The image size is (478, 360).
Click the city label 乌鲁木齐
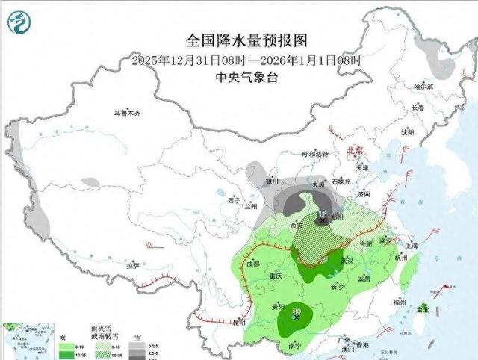[x=127, y=114]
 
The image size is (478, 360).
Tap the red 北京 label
[x=355, y=150]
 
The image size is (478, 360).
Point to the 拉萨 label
[x=132, y=265]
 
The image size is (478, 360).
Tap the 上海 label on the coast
[x=409, y=244]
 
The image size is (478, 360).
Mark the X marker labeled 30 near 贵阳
[x=297, y=316]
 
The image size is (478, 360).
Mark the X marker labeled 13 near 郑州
[x=322, y=220]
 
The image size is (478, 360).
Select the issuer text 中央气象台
[x=246, y=77]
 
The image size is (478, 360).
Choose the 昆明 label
[x=237, y=323]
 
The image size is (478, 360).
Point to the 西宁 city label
[x=233, y=200]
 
